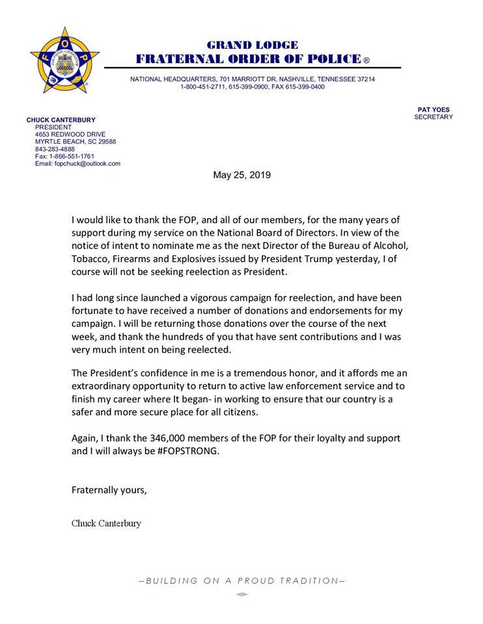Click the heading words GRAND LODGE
click(x=253, y=45)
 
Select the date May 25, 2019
click(x=241, y=175)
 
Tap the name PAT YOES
click(x=434, y=109)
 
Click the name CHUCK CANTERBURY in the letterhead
click(x=61, y=120)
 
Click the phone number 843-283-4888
click(x=55, y=149)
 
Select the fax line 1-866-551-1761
click(x=65, y=156)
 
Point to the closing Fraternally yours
click(x=109, y=490)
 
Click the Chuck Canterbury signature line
click(x=106, y=524)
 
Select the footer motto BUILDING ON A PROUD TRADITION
click(x=242, y=580)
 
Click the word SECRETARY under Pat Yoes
click(x=434, y=117)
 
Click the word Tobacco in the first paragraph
click(x=92, y=259)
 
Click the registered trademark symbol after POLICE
click(x=366, y=60)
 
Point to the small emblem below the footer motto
click(x=241, y=595)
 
